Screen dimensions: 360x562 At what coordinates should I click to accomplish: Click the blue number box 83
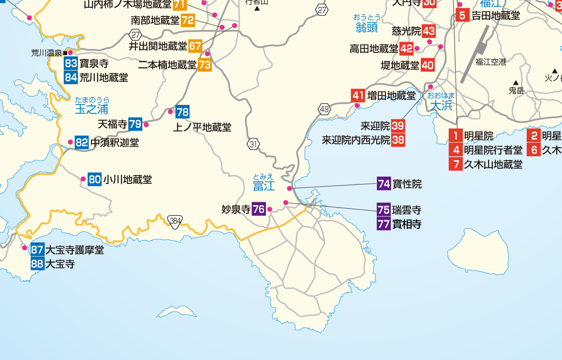71,63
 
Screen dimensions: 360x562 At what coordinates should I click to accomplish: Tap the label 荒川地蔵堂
104,77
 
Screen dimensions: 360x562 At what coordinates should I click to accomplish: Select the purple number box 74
384,184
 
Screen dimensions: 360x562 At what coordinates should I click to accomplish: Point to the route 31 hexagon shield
254,143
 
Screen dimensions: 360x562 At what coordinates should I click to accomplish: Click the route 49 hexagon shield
324,108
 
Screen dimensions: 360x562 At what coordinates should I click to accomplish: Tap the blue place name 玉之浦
91,109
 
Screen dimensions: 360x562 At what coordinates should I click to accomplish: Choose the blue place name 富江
264,185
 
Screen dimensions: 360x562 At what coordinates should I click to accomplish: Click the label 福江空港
490,61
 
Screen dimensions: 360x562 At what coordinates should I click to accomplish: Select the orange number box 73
205,64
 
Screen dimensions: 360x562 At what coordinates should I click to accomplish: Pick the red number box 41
358,95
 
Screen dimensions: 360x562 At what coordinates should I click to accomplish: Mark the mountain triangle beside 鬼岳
516,83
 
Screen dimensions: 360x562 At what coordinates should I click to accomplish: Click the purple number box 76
259,209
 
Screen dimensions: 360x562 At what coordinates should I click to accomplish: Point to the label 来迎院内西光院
355,140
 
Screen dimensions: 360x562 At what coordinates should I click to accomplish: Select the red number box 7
456,164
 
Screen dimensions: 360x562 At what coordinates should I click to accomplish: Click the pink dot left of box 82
71,142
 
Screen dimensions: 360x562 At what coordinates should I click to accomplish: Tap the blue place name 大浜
441,105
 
